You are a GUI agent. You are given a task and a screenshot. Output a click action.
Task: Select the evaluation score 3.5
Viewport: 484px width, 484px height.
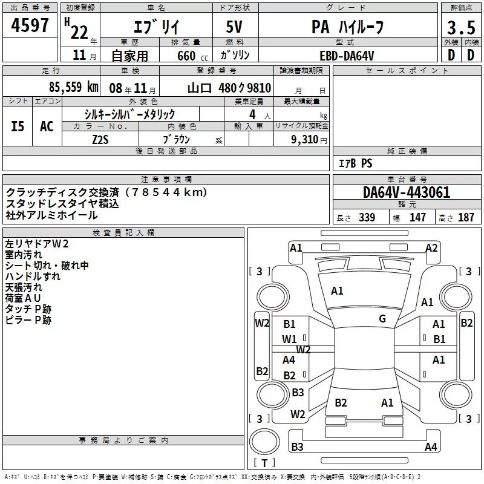pos(460,27)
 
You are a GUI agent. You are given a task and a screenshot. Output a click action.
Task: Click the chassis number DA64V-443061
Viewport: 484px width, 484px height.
pos(407,193)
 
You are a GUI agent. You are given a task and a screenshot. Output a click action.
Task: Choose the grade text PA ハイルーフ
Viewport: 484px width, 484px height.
pos(347,27)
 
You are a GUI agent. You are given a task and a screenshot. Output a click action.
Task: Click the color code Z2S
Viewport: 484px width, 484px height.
pos(100,139)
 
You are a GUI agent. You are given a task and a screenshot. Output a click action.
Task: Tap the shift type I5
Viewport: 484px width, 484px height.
pos(18,126)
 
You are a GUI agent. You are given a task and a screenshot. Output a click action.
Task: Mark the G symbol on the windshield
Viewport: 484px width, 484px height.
pos(382,319)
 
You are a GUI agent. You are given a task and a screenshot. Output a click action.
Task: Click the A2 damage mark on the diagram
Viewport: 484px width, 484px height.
pos(431,247)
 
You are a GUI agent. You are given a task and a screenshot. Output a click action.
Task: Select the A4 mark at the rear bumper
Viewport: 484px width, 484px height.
pos(431,447)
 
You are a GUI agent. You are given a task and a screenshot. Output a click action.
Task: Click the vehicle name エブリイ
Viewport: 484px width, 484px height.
pos(154,27)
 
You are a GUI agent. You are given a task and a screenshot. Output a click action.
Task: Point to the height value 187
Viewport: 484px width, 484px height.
pos(466,218)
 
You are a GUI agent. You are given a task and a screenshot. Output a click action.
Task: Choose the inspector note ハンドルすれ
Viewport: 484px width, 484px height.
pos(33,276)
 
